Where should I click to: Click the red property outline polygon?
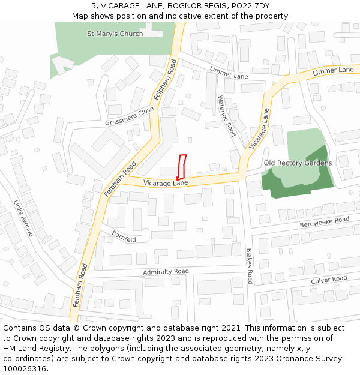click(181, 167)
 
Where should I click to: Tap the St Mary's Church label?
click(115, 34)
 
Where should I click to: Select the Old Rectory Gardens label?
click(298, 163)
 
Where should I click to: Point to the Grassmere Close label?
click(130, 116)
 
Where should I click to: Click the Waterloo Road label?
click(227, 116)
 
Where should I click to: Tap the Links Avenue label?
click(24, 218)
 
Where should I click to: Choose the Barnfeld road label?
click(123, 237)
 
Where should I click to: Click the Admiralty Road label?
click(166, 272)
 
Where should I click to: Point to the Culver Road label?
click(329, 280)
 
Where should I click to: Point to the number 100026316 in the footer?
click(24, 368)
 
